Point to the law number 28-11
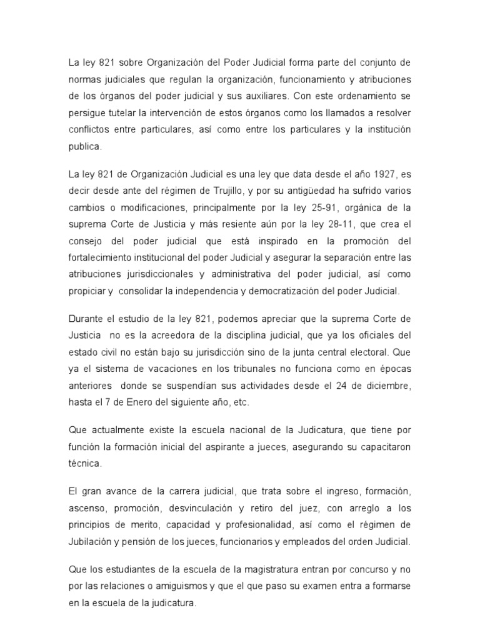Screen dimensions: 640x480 point(345,223)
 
